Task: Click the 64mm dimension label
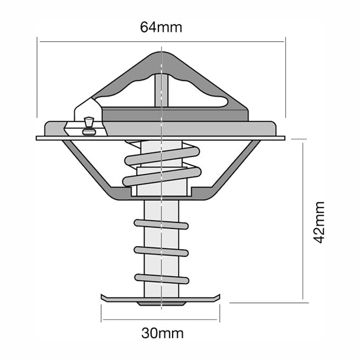(x=161, y=27)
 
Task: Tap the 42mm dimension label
(x=319, y=222)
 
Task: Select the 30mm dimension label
(x=162, y=333)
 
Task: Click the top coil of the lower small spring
(x=161, y=224)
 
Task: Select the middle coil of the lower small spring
(x=161, y=251)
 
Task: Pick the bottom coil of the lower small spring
(x=161, y=278)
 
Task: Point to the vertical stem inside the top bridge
(x=161, y=90)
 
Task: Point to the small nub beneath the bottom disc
(x=161, y=304)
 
